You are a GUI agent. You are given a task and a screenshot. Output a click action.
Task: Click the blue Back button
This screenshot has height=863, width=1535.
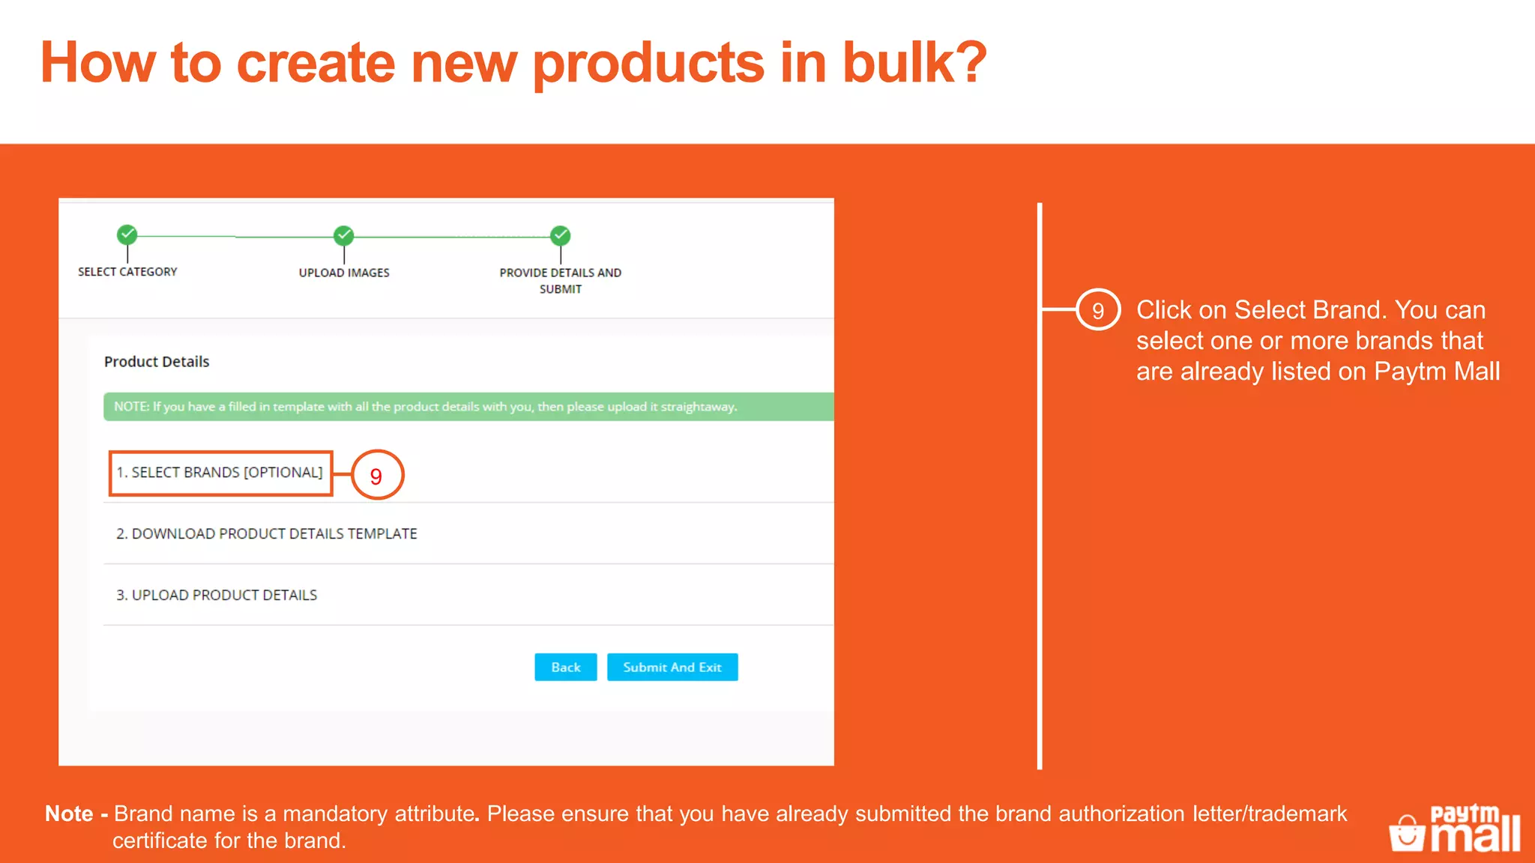[x=565, y=667]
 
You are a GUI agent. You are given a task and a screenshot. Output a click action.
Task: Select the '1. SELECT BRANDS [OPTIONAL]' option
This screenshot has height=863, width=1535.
[x=220, y=473]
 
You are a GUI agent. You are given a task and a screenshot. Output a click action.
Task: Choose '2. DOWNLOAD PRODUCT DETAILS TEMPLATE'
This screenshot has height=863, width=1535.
[x=266, y=533]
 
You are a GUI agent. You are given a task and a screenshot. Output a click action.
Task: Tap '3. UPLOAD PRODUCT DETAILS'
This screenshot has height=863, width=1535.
[x=217, y=595]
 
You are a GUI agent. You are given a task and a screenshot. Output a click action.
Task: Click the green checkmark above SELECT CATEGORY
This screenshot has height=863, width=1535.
[x=127, y=234]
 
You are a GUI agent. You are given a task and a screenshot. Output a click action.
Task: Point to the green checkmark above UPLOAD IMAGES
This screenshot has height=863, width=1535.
[x=344, y=235]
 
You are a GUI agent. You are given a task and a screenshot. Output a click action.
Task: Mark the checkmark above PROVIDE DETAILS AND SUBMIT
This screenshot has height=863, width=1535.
[x=560, y=235]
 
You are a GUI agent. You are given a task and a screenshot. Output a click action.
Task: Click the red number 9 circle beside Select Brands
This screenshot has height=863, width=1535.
[x=377, y=475]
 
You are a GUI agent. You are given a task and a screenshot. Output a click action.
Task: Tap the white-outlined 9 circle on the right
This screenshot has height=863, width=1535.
[x=1098, y=310]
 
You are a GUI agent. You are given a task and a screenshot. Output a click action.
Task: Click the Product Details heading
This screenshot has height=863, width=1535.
[x=157, y=362]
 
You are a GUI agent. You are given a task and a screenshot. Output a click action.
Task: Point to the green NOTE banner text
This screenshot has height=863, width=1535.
[x=425, y=407]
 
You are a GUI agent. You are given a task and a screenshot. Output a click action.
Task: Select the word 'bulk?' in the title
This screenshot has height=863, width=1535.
[x=914, y=63]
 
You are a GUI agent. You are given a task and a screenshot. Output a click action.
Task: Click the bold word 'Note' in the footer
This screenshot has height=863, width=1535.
[x=69, y=814]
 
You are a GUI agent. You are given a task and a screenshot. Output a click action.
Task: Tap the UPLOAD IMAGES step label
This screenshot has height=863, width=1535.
[x=344, y=273]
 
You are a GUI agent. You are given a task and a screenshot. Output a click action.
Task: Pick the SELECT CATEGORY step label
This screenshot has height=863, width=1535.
[x=127, y=272]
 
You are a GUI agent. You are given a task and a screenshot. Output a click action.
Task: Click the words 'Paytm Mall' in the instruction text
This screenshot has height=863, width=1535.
[x=1436, y=372]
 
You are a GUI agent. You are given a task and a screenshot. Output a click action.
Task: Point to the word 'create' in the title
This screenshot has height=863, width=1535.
[x=316, y=63]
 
